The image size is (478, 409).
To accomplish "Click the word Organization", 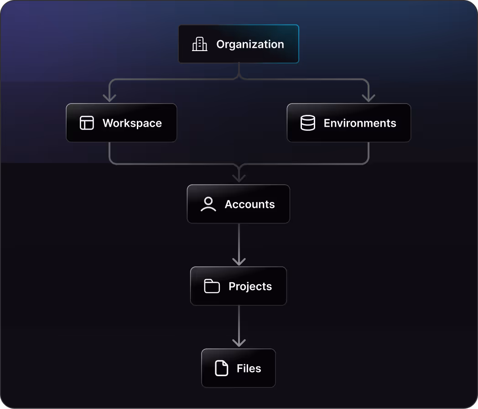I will pos(250,44).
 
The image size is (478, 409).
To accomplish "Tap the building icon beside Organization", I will pos(199,44).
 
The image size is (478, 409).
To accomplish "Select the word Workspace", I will pos(132,123).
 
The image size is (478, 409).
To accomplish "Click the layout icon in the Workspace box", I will pos(87,123).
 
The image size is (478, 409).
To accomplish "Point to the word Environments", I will pos(359,123).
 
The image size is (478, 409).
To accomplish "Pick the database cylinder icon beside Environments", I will pos(308,123).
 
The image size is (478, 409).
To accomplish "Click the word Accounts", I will pos(249,204).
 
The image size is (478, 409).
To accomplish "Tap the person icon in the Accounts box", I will pos(208,204).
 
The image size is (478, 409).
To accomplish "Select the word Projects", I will pos(250,286).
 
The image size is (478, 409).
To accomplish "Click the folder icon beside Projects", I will pos(212,286).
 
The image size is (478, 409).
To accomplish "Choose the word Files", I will pos(249,368).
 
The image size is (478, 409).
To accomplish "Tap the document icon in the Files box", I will pos(222,368).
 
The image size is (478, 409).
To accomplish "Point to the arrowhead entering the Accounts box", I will pos(239,178).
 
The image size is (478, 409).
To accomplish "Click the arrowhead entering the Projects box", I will pos(239,261).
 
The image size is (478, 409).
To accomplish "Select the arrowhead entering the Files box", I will pos(239,343).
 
